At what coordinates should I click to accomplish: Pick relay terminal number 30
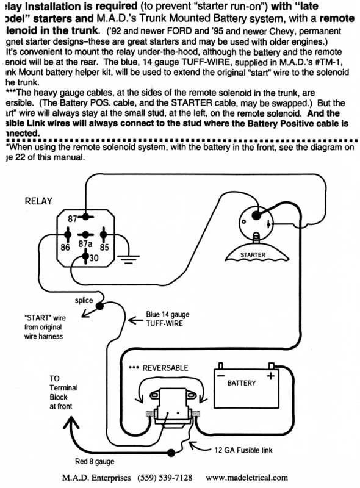point(93,259)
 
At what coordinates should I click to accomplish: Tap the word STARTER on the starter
point(253,254)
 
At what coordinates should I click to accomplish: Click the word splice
point(84,300)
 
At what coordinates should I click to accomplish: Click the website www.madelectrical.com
point(247,478)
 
